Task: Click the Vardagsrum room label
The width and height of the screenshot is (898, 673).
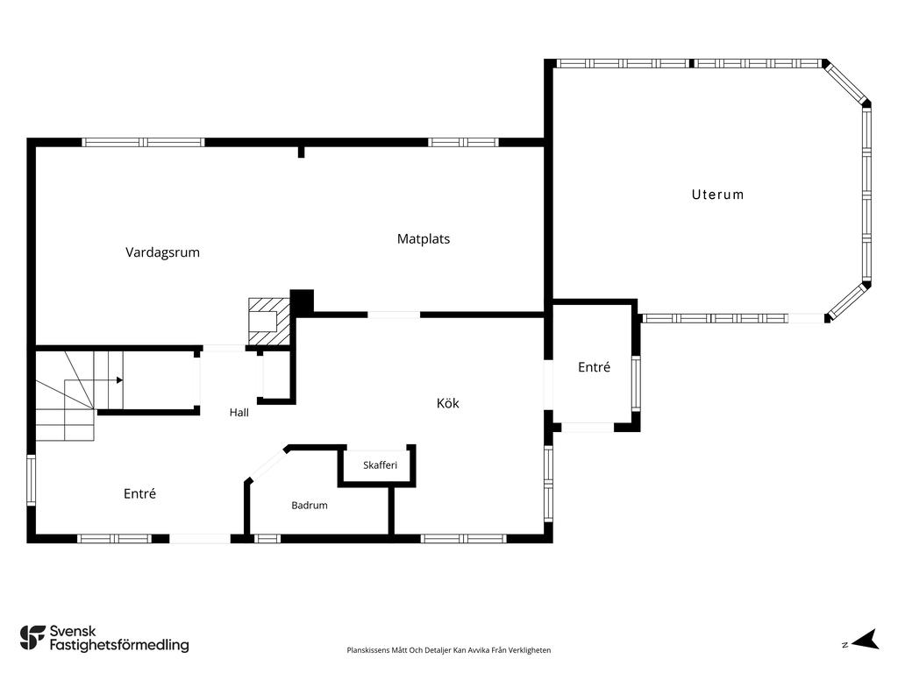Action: click(162, 252)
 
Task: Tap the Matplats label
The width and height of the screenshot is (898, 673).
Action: click(424, 238)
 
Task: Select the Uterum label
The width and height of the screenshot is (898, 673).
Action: click(717, 195)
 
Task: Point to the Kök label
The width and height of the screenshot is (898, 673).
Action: click(447, 403)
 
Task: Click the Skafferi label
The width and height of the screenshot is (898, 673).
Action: click(380, 464)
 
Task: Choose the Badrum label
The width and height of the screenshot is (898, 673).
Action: click(310, 506)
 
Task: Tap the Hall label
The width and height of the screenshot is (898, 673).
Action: click(239, 412)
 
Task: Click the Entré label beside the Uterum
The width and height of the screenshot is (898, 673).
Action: click(594, 367)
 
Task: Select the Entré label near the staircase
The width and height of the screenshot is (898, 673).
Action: click(139, 493)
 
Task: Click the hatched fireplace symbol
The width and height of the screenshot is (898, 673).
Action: click(268, 322)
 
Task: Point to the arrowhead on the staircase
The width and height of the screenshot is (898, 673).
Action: click(119, 380)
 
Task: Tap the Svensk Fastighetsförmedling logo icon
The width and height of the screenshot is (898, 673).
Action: click(32, 638)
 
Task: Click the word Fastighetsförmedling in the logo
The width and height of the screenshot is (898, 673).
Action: click(119, 645)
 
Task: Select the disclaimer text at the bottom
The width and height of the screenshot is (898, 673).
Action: click(448, 650)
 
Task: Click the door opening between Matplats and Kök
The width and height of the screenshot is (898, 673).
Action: click(394, 315)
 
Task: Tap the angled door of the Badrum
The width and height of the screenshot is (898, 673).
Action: click(267, 464)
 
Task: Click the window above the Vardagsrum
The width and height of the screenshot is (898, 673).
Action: click(143, 143)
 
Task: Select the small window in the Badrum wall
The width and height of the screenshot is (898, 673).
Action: click(267, 539)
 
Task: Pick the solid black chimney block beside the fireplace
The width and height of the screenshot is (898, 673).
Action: click(302, 301)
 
